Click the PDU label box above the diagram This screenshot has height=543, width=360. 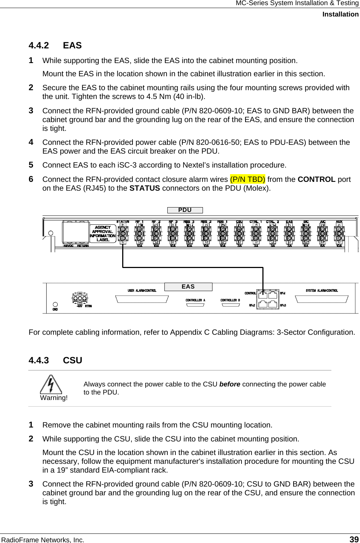(x=185, y=210)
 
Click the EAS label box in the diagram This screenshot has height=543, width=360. (x=188, y=287)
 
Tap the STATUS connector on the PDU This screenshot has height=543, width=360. (x=123, y=233)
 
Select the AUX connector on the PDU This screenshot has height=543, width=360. (x=339, y=233)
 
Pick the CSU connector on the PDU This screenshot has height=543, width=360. (x=239, y=233)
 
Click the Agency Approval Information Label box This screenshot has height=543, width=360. (x=103, y=234)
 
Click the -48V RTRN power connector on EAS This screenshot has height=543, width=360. (x=80, y=299)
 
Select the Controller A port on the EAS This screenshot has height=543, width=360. (x=195, y=305)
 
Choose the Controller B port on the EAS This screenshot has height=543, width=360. (x=230, y=305)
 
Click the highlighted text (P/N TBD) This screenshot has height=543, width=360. (x=247, y=179)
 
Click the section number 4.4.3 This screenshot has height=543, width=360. (x=39, y=360)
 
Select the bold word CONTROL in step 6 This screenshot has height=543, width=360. (x=316, y=179)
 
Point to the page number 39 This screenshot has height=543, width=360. (x=354, y=539)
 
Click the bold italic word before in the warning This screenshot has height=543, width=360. (x=230, y=384)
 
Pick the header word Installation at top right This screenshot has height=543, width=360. (x=340, y=14)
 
